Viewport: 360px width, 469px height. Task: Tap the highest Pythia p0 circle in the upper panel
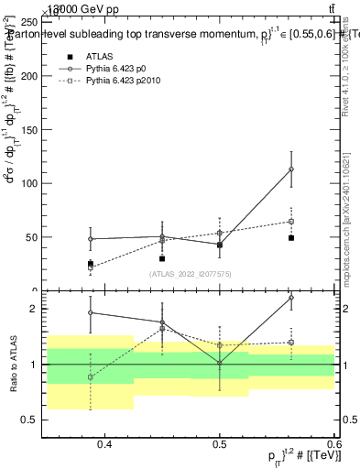[291, 169]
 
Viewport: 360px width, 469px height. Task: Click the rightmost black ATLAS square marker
[291, 237]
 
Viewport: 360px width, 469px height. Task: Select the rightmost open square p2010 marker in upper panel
[291, 221]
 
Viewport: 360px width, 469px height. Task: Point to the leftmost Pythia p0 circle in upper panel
[90, 239]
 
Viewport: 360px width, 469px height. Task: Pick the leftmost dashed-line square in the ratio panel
[90, 377]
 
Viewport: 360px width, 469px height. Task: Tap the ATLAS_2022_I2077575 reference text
[191, 273]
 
